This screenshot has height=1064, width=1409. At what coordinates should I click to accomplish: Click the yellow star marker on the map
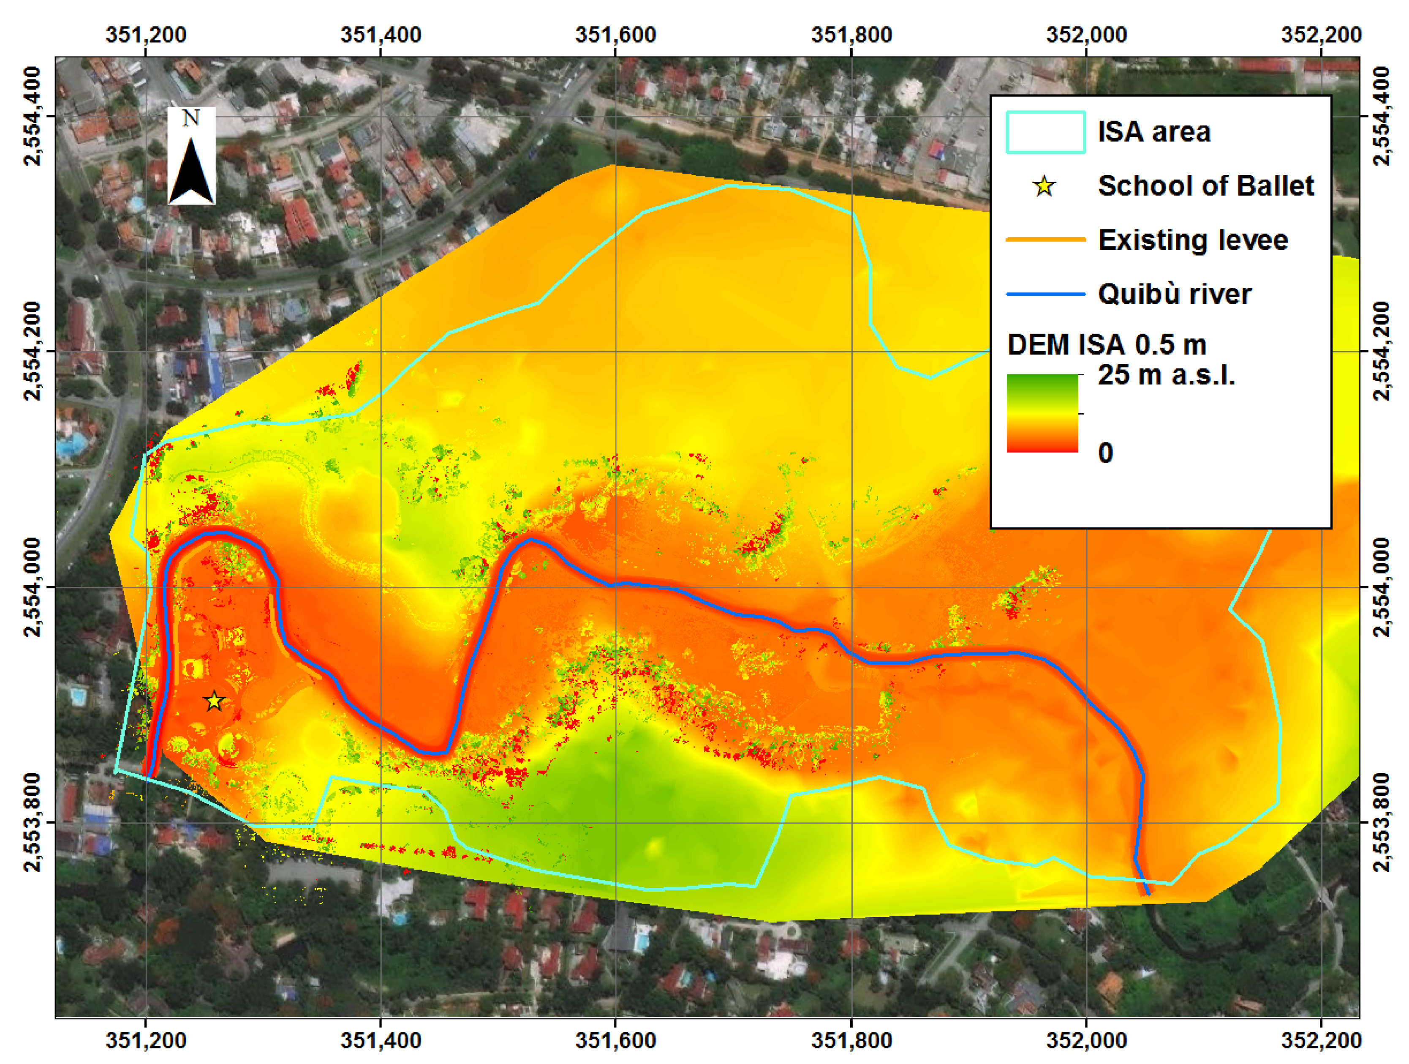point(214,701)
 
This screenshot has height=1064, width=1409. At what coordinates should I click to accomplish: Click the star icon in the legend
point(1045,187)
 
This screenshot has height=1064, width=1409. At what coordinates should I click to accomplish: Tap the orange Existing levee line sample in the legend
point(1045,240)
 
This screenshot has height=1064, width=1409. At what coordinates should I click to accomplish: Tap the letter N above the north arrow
point(191,118)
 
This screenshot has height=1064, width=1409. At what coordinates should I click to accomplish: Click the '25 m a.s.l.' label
point(1166,375)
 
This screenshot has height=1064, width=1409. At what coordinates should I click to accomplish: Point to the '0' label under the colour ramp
point(1105,453)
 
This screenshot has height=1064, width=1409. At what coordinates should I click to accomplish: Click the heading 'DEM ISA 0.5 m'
point(1107,345)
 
